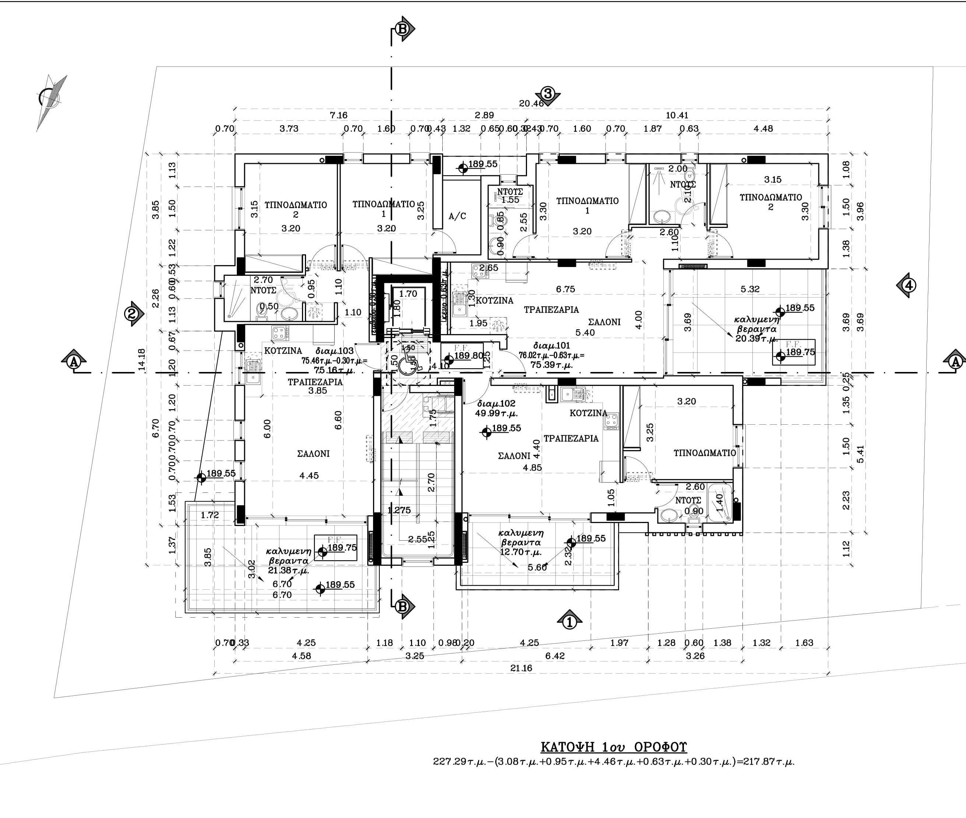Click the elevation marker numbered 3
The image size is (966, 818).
point(548,94)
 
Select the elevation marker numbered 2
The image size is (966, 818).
point(133,314)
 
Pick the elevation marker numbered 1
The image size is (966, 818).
point(569,621)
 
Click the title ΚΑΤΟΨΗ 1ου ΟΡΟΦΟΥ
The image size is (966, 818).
point(614,747)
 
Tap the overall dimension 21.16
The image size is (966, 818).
point(521,668)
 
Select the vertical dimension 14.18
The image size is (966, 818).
point(142,359)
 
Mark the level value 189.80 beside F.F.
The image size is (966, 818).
point(469,356)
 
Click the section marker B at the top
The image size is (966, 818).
point(403,29)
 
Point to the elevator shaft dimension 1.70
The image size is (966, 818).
point(408,294)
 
